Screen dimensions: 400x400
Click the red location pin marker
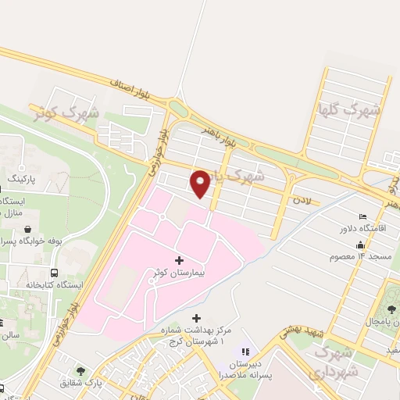point(201,184)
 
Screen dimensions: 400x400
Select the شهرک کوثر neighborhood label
point(66,112)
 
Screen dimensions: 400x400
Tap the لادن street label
point(301,201)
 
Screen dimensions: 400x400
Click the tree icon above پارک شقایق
point(80,370)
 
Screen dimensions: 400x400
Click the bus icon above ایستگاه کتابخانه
point(55,273)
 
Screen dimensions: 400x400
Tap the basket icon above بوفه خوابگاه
point(29,230)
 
